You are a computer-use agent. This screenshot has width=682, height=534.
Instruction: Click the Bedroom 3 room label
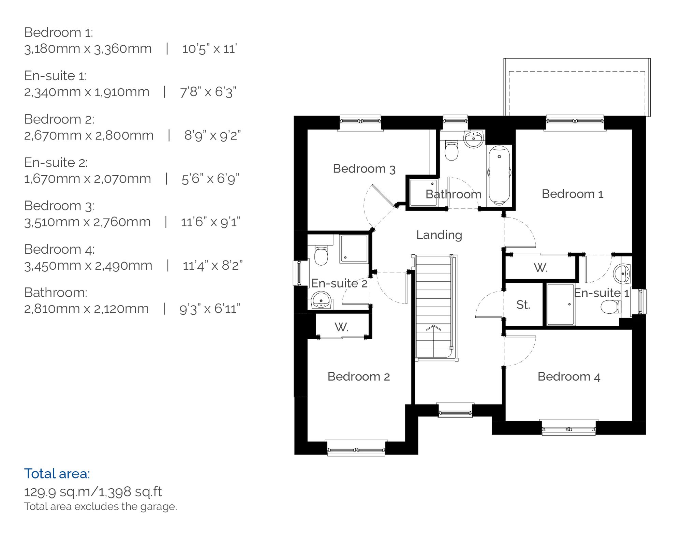click(364, 169)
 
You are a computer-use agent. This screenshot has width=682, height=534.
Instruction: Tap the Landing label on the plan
click(439, 235)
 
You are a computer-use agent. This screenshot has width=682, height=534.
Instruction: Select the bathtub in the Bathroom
click(499, 175)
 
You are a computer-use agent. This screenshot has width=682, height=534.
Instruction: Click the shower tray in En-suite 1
click(560, 304)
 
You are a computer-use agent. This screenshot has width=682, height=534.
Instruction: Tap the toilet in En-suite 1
click(610, 307)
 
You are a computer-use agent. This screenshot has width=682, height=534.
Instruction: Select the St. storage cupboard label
click(523, 305)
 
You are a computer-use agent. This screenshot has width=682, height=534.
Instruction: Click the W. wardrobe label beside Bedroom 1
click(540, 268)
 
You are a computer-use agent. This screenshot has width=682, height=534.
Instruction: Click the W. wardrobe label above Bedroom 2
click(341, 327)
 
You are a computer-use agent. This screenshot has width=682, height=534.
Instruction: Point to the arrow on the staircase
click(433, 328)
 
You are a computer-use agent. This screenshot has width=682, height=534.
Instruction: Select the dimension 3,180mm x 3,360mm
click(88, 49)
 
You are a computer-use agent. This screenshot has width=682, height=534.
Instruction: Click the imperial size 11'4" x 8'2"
click(212, 265)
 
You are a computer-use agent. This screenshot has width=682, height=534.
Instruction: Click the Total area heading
click(57, 474)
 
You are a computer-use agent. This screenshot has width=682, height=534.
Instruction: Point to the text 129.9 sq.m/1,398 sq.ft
click(93, 492)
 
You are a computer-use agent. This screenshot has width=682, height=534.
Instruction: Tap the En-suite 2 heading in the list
click(56, 162)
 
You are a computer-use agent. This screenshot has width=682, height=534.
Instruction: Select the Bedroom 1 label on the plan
click(572, 194)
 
